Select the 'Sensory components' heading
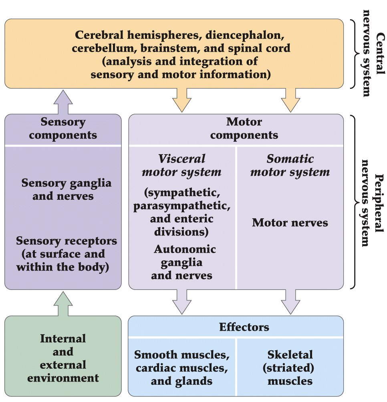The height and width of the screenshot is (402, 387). click(63, 128)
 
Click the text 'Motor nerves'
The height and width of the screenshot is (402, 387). click(290, 222)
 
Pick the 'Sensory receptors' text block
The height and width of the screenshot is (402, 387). click(66, 254)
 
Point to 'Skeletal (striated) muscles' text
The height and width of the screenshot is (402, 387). click(290, 368)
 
